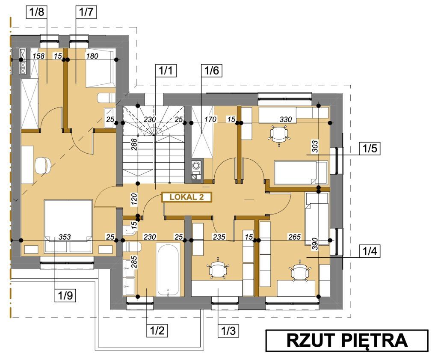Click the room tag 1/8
(x=37, y=12)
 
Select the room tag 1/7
(x=86, y=12)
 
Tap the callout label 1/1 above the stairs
(x=166, y=71)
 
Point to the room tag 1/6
(x=212, y=71)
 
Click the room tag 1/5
(x=370, y=149)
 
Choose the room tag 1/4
(x=370, y=251)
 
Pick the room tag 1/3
(x=228, y=330)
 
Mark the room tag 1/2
(x=157, y=330)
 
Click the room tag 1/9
(x=65, y=295)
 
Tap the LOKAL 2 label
(x=186, y=197)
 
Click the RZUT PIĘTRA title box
(x=346, y=340)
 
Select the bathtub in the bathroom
(x=168, y=269)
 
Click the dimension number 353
(x=65, y=237)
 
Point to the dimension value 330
(x=285, y=119)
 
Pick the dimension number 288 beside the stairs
(x=134, y=145)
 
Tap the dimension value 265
(x=294, y=237)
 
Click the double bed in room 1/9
(x=68, y=226)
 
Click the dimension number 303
(x=315, y=146)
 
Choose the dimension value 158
(x=38, y=56)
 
